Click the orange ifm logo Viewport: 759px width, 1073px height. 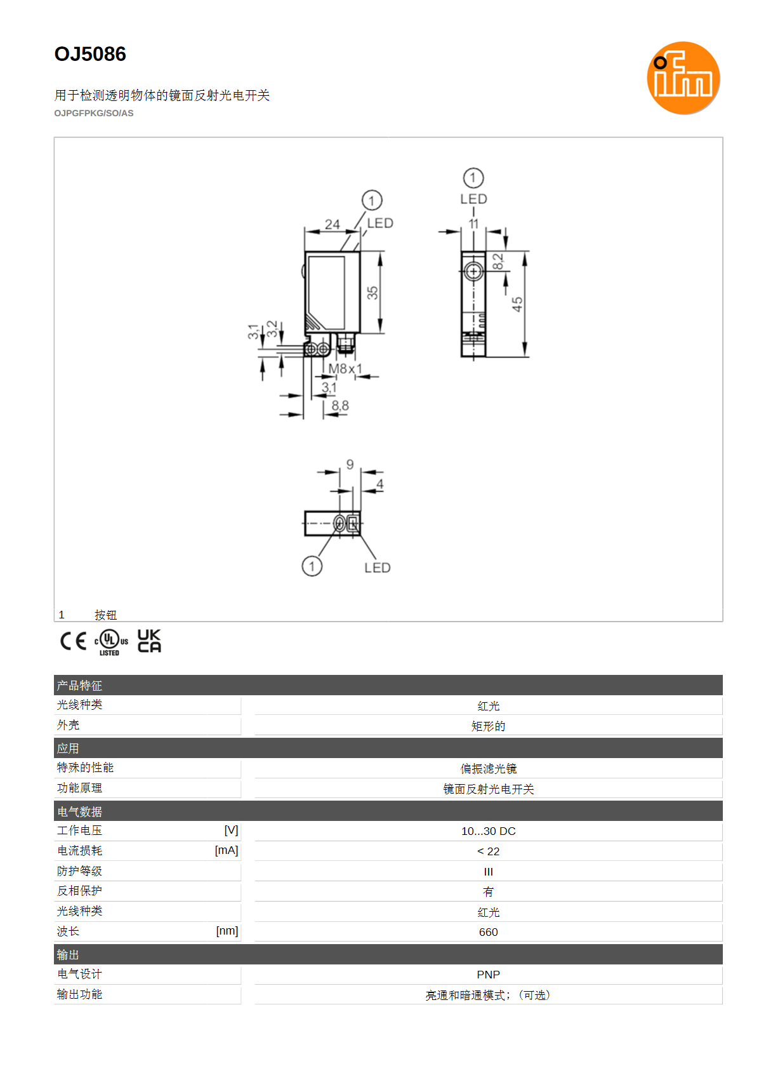(683, 77)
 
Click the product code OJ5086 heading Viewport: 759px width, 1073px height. (90, 54)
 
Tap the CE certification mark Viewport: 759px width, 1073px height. (73, 641)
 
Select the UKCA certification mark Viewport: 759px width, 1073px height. (149, 641)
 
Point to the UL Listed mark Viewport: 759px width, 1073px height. (111, 642)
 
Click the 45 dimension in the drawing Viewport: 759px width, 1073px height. (517, 303)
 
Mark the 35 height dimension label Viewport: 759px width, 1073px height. (372, 293)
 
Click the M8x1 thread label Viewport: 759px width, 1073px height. (345, 368)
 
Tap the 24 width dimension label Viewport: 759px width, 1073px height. (333, 223)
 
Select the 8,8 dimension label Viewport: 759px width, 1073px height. (340, 405)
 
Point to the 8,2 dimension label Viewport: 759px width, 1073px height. (498, 262)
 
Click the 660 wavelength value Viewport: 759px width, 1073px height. (488, 931)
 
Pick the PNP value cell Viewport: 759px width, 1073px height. (488, 975)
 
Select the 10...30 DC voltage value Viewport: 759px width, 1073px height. (488, 830)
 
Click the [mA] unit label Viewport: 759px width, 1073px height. (226, 850)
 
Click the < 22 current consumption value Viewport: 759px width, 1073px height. (488, 851)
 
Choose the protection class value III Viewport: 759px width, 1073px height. (488, 871)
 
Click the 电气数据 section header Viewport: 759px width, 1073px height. (79, 811)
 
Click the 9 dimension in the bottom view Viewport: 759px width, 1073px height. (350, 464)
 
